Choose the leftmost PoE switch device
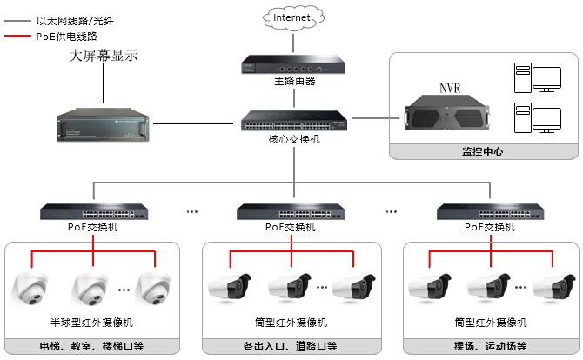click(x=92, y=211)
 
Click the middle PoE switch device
click(x=291, y=211)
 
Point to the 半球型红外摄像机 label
click(x=92, y=323)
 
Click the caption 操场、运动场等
click(x=492, y=346)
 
